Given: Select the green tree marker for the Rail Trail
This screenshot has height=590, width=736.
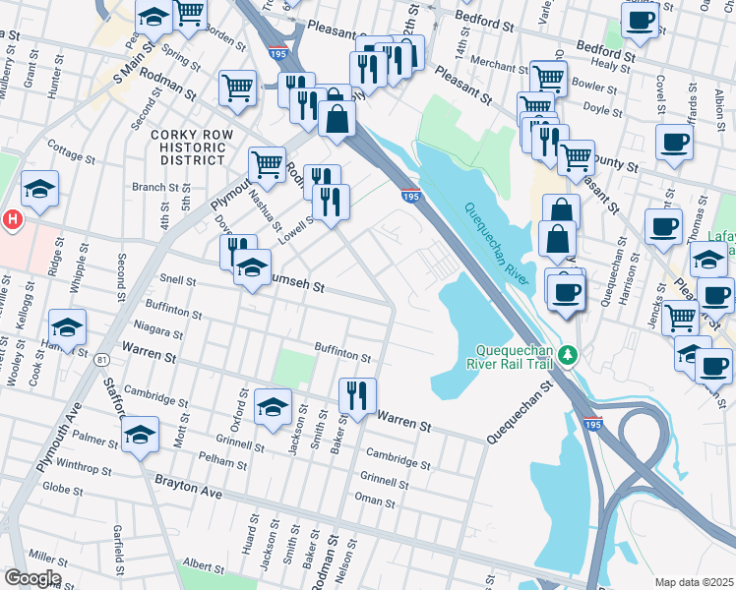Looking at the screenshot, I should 567,352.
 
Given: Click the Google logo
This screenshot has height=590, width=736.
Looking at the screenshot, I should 31,578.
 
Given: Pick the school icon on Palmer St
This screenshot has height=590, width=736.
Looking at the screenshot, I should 140,435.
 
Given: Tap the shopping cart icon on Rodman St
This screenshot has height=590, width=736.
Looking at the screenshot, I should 237,88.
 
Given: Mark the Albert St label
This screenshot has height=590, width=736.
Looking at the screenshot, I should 204,567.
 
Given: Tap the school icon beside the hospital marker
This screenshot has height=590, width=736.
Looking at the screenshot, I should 39,191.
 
